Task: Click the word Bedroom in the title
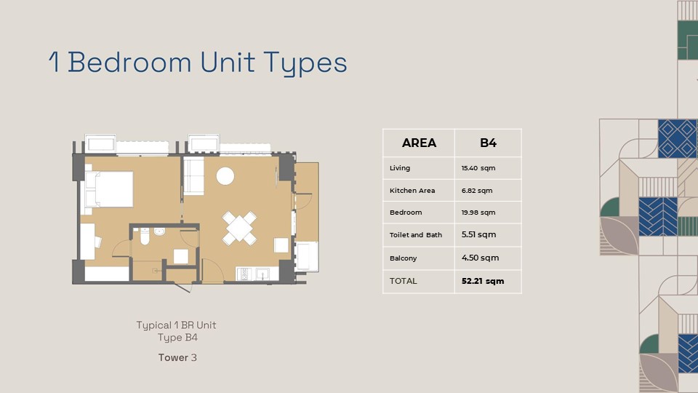pyautogui.click(x=129, y=62)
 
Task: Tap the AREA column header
pyautogui.click(x=419, y=143)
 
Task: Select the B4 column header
pyautogui.click(x=488, y=143)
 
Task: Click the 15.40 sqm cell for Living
pyautogui.click(x=478, y=168)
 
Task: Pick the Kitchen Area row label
pyautogui.click(x=412, y=190)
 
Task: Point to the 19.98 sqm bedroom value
pyautogui.click(x=478, y=213)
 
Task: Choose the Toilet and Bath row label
pyautogui.click(x=416, y=235)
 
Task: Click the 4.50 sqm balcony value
pyautogui.click(x=481, y=258)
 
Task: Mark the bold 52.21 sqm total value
pyautogui.click(x=483, y=281)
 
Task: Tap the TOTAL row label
pyautogui.click(x=403, y=281)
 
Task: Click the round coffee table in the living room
pyautogui.click(x=225, y=176)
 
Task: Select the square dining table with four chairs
pyautogui.click(x=239, y=228)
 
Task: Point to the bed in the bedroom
pyautogui.click(x=109, y=189)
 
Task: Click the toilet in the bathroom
pyautogui.click(x=145, y=236)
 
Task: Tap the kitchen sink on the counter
pyautogui.click(x=262, y=274)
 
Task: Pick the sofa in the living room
pyautogui.click(x=193, y=175)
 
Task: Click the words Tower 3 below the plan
pyautogui.click(x=177, y=357)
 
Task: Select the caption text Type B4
pyautogui.click(x=177, y=337)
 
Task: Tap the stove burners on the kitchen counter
pyautogui.click(x=244, y=274)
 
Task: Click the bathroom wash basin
pyautogui.click(x=159, y=231)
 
